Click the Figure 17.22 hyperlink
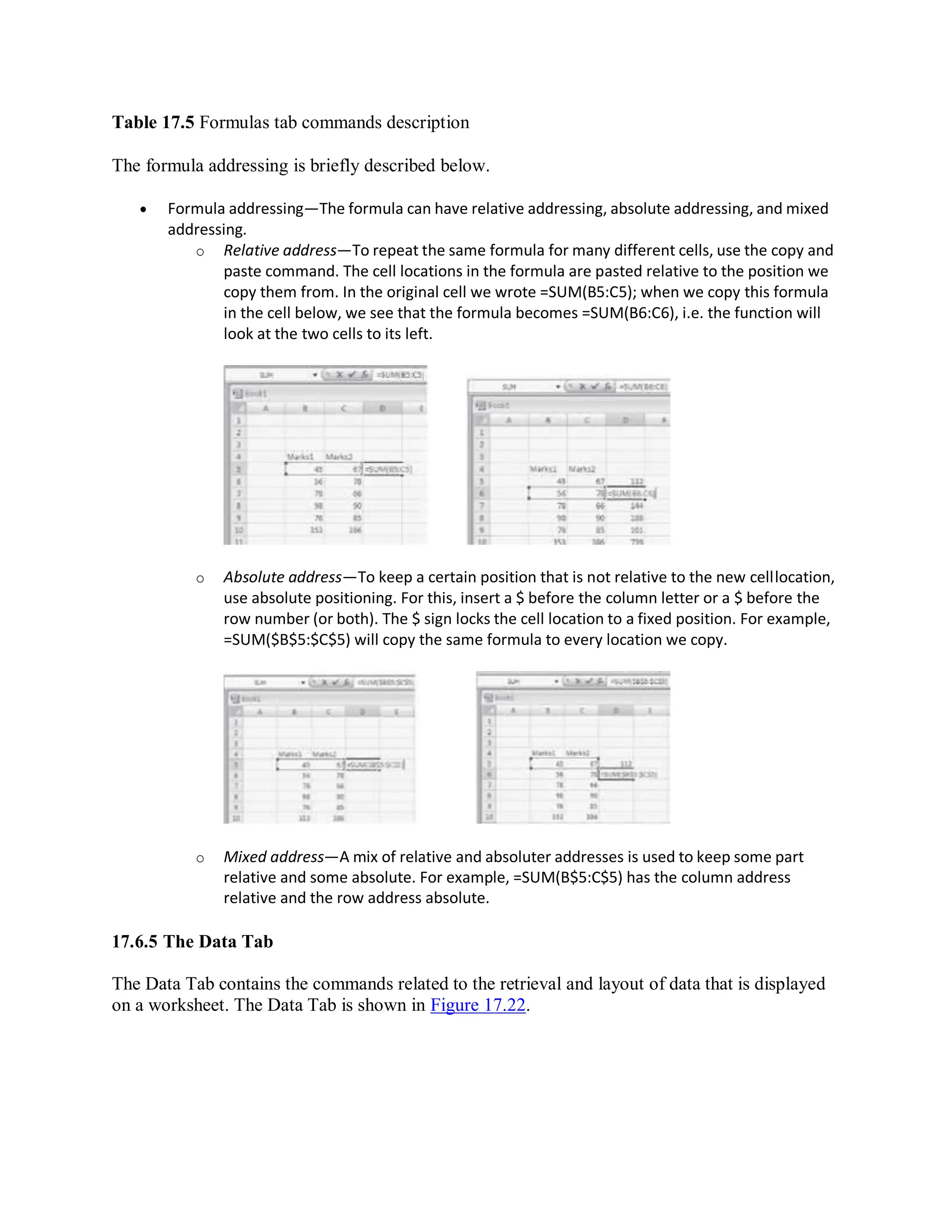coord(477,1005)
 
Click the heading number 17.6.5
coord(135,942)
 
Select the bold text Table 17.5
coord(153,122)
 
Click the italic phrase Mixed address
coord(274,857)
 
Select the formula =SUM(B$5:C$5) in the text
coord(567,878)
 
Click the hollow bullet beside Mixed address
coord(200,858)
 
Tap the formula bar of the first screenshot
coord(399,375)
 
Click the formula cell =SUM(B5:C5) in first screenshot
coord(388,469)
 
